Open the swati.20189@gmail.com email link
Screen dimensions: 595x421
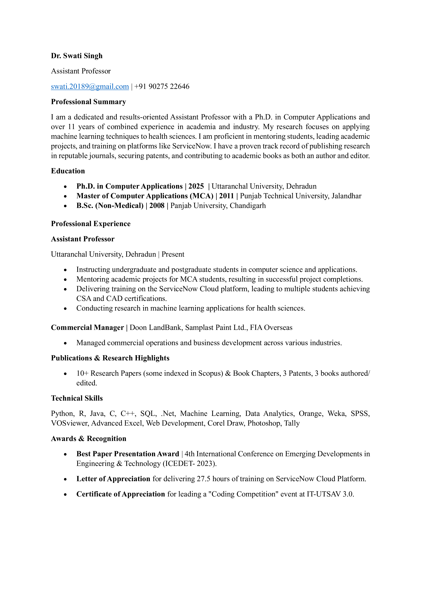[90, 86]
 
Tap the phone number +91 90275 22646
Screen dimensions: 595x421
[162, 86]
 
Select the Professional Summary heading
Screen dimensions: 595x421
[88, 102]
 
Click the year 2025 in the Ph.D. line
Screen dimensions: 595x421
[196, 186]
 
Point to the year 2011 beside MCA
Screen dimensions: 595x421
[226, 196]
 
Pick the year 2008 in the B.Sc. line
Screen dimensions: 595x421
[157, 206]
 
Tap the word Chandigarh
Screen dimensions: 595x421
[248, 206]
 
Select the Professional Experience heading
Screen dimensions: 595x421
[91, 224]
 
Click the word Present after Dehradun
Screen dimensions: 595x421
[173, 254]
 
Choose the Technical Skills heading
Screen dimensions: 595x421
[77, 398]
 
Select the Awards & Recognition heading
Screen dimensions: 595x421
[88, 439]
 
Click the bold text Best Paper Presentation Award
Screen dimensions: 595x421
[128, 454]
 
